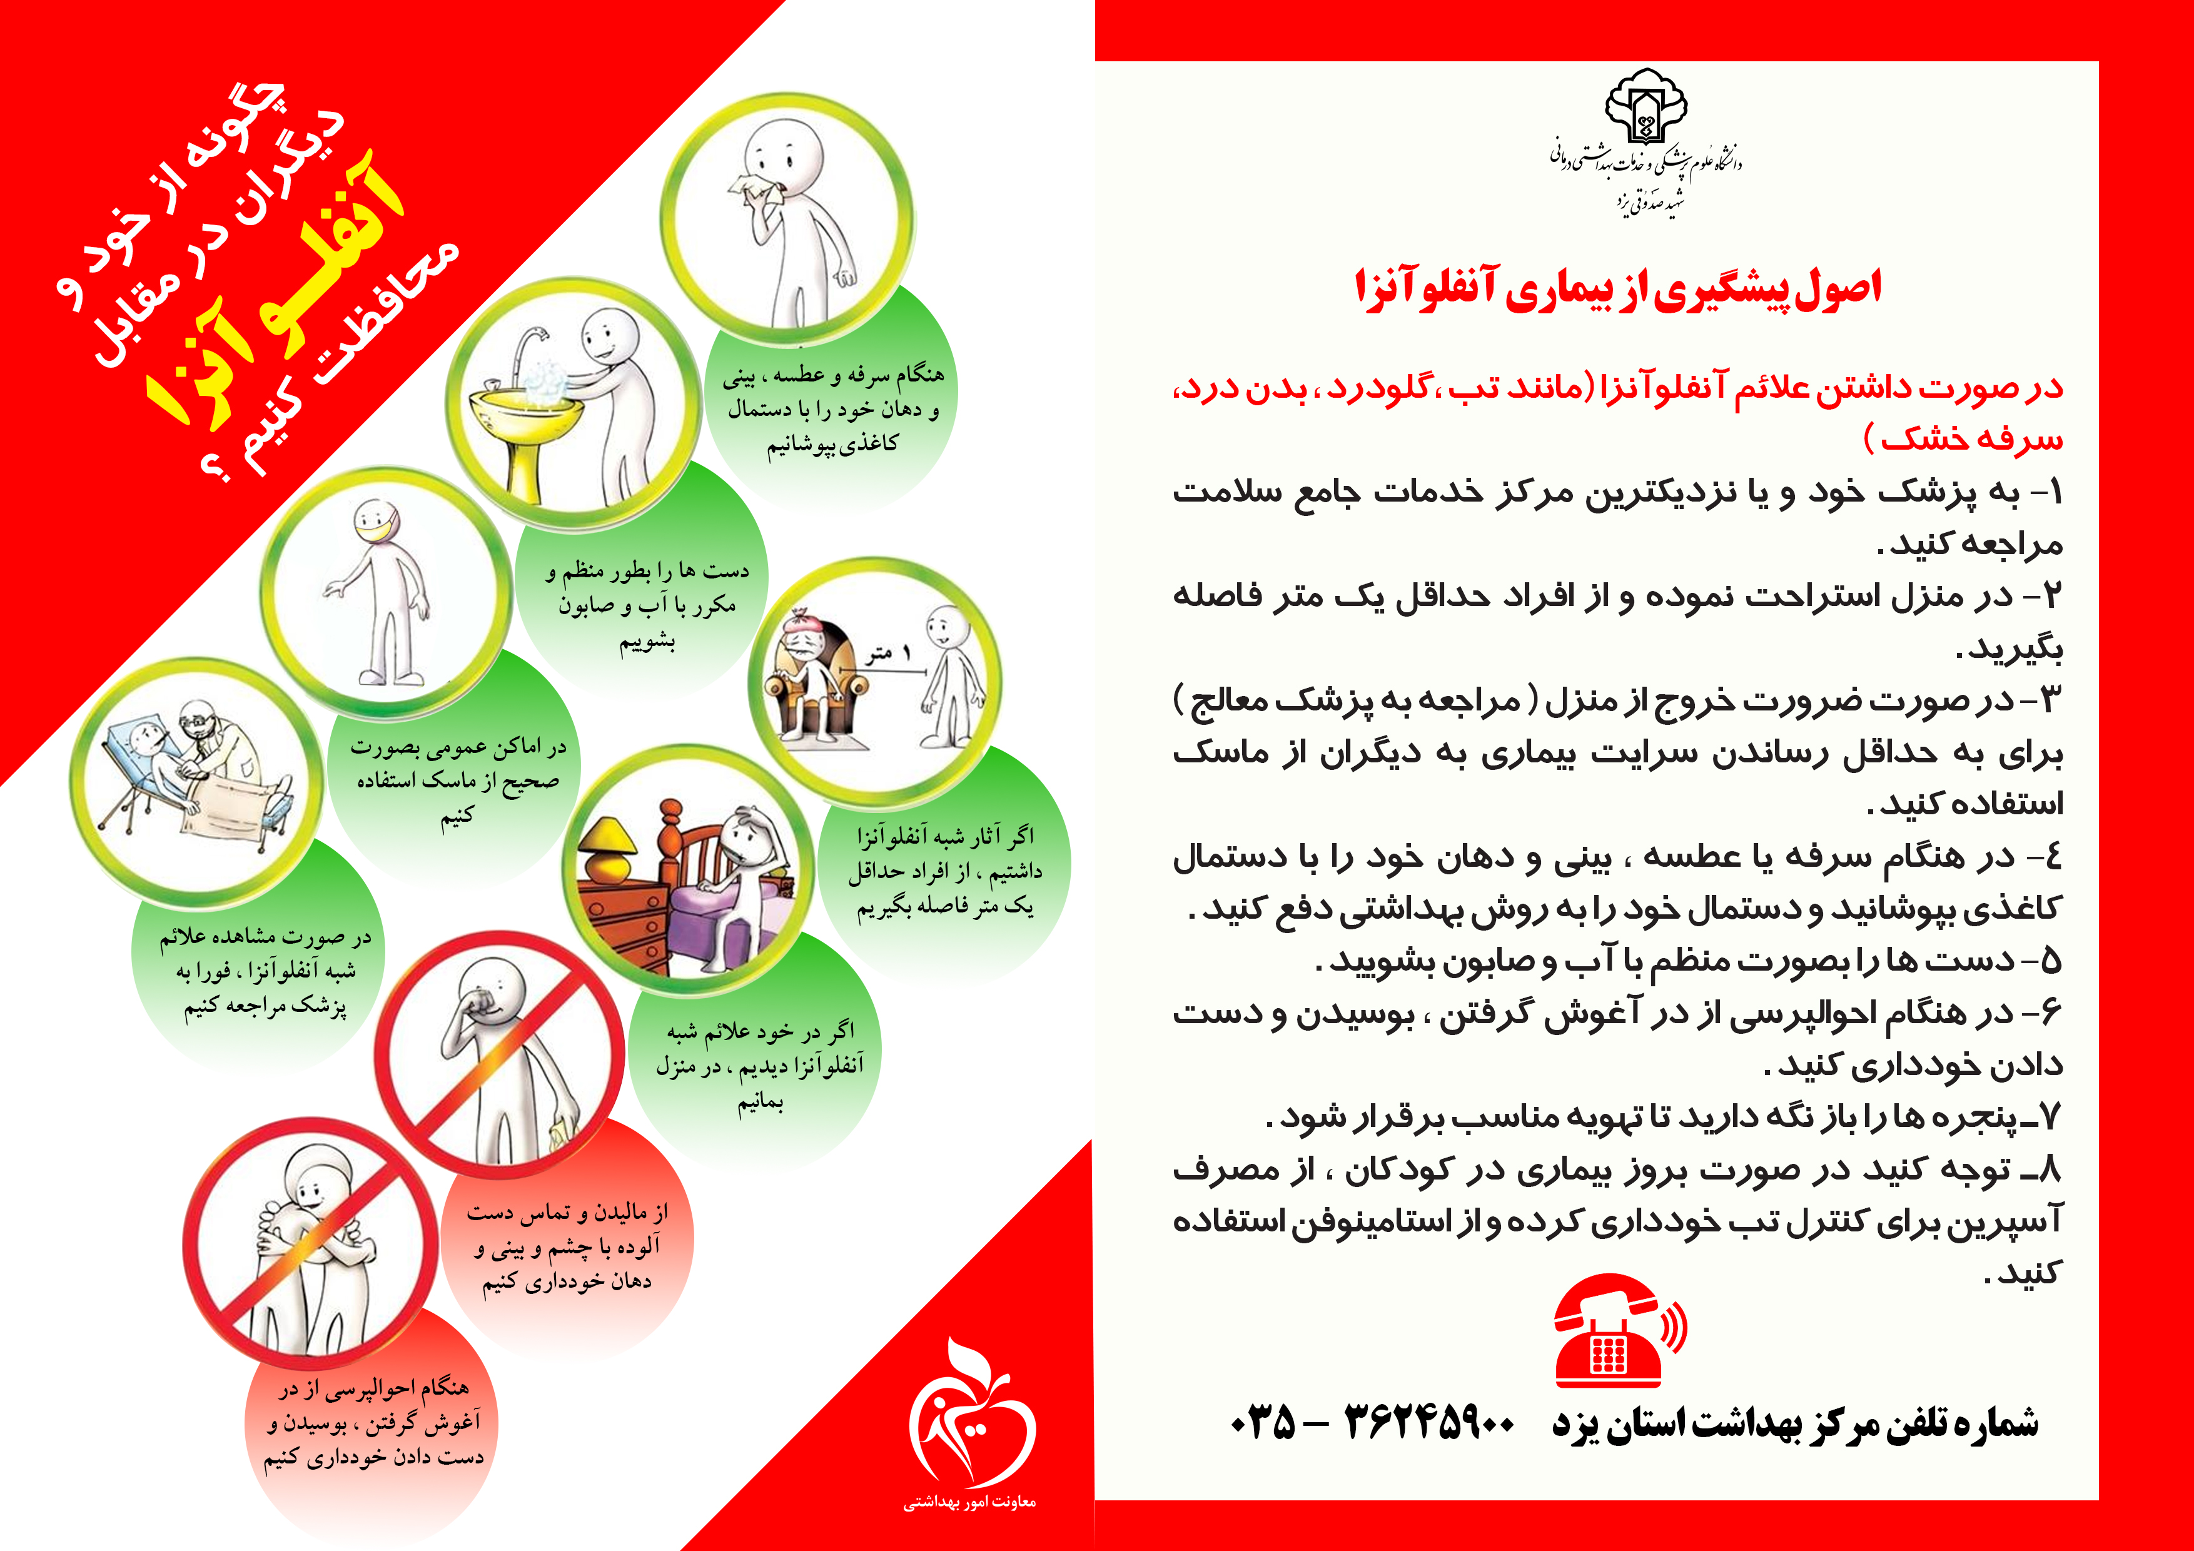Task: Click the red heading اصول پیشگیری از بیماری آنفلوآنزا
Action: click(1618, 288)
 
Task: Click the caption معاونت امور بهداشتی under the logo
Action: click(970, 1502)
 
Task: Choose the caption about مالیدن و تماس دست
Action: click(568, 1246)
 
